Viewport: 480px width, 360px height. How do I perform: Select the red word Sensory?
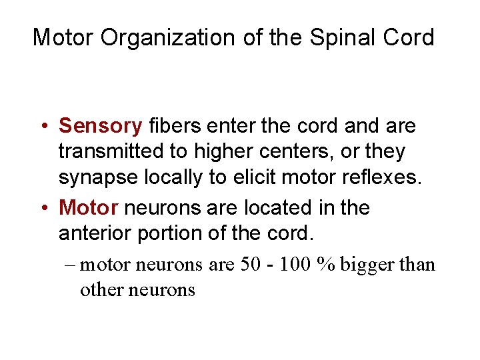click(101, 125)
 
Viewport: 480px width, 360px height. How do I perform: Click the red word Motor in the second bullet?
click(89, 208)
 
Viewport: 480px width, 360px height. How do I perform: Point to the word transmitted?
click(113, 152)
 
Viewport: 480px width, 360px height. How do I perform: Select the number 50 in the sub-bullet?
click(252, 265)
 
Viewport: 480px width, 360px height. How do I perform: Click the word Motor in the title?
click(64, 37)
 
